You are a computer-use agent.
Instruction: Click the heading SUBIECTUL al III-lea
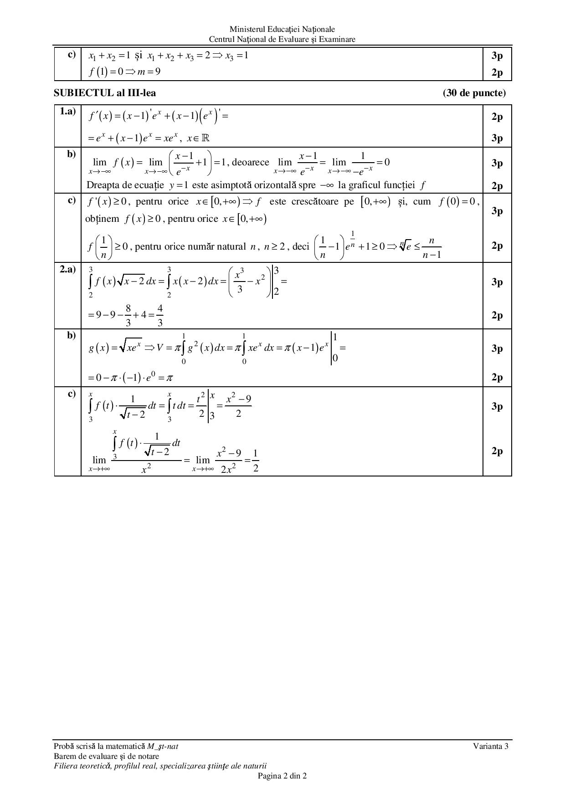105,93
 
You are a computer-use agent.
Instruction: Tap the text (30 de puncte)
474,93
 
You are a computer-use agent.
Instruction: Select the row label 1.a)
68,111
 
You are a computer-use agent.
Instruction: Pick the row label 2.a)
68,269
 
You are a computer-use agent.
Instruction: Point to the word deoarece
251,162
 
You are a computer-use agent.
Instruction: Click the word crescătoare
314,201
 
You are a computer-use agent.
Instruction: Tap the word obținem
102,219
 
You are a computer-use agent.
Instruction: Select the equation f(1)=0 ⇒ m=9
124,72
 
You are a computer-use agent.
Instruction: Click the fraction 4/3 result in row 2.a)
160,315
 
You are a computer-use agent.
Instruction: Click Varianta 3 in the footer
490,746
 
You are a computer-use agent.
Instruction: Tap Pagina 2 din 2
282,776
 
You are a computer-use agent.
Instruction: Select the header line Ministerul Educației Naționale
282,30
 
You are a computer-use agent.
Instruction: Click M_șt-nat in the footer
166,746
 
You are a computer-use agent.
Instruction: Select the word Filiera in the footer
66,766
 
